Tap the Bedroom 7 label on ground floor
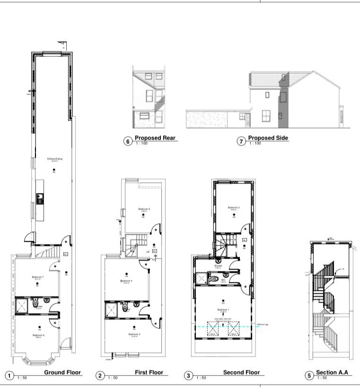tap(37, 277)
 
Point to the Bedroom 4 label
tap(126, 281)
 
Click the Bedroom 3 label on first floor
tap(131, 334)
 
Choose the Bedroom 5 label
tap(144, 209)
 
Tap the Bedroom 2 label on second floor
tap(234, 208)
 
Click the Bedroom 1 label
tap(222, 310)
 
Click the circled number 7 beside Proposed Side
tap(241, 140)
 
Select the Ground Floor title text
tap(63, 373)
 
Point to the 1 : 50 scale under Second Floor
tap(202, 378)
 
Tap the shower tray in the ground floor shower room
tap(22, 305)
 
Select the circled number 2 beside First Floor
tap(100, 376)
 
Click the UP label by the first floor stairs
tap(148, 252)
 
